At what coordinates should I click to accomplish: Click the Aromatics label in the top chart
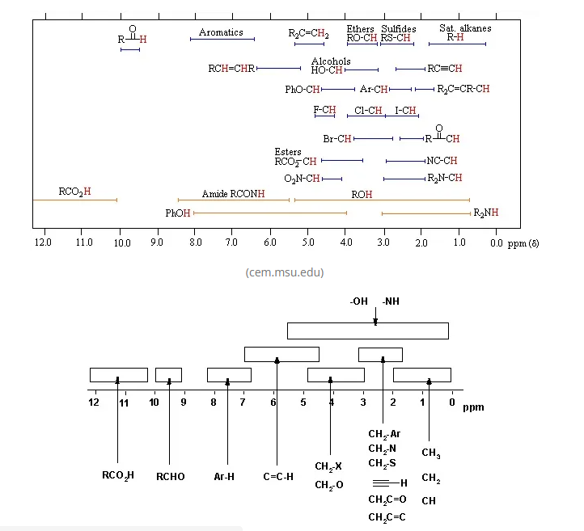point(221,32)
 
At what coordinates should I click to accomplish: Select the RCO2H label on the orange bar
point(74,192)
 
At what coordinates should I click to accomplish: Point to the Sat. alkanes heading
point(465,28)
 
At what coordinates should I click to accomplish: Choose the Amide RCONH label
point(233,195)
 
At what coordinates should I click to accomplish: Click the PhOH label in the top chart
point(178,213)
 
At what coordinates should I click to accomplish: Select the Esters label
point(288,152)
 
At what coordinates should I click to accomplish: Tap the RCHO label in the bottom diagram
point(170,477)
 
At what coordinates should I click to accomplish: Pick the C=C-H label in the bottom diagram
point(278,477)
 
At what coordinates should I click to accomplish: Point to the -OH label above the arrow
point(358,301)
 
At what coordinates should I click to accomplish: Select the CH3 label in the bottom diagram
point(431,453)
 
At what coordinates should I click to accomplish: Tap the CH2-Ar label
point(384,434)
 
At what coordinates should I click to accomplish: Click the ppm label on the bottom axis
point(473,407)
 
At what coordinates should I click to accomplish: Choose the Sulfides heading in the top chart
point(399,29)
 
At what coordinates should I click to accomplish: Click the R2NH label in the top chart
point(485,213)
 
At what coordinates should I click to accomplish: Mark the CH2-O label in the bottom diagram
point(328,485)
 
